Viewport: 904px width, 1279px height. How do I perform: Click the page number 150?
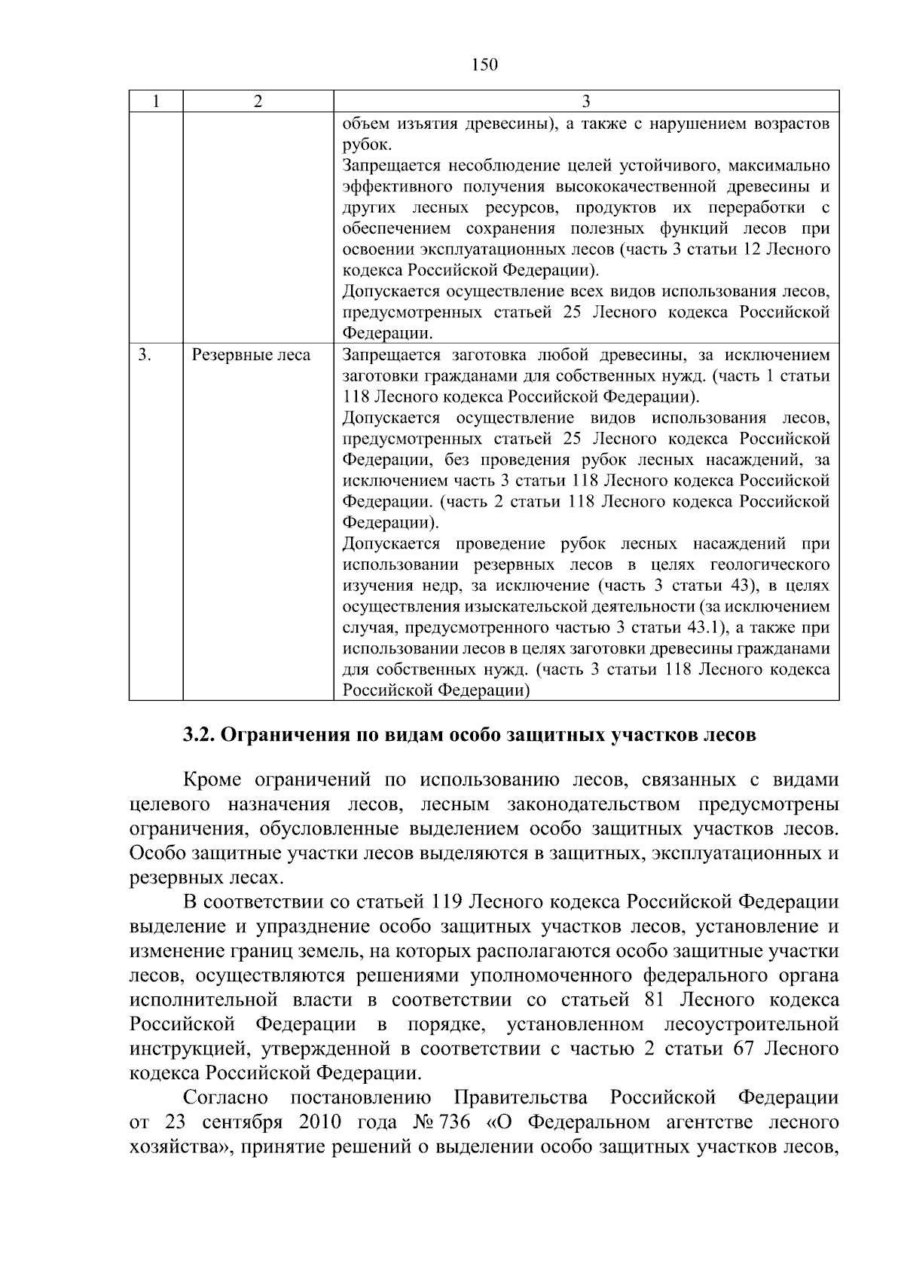(484, 65)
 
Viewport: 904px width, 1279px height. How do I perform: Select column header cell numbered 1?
(155, 102)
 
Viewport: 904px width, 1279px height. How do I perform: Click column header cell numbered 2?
(258, 102)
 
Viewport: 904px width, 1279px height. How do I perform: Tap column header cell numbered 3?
(586, 102)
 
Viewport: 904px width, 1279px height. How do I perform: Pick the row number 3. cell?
(145, 354)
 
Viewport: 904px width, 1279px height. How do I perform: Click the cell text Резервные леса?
(251, 354)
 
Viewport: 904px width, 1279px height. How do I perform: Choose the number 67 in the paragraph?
(744, 1048)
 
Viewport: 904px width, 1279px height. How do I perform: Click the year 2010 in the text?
(320, 1122)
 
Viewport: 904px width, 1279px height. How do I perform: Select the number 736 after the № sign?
(454, 1122)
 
